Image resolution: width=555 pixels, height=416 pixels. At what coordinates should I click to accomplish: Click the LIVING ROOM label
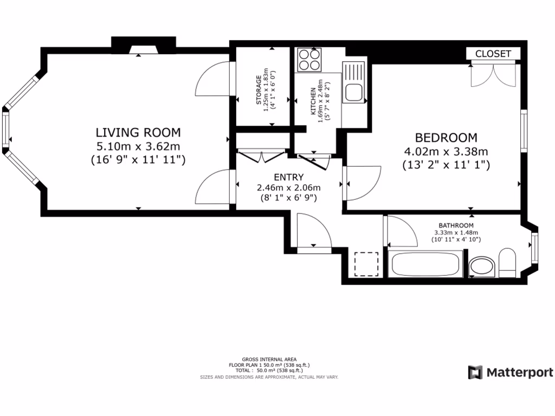point(138,132)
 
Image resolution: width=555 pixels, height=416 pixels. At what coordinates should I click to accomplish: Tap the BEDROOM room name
point(446,137)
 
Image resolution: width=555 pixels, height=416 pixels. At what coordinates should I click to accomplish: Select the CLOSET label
point(493,54)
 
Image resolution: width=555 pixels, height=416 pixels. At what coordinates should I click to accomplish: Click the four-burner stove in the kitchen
point(309,60)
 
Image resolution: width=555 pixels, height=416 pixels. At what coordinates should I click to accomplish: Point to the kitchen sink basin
point(353,93)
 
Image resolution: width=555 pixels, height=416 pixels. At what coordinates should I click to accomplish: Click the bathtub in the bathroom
point(425,264)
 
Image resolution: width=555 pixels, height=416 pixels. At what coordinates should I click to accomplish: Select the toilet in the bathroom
point(507,263)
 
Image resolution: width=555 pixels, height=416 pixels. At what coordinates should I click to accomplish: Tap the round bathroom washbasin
point(482,266)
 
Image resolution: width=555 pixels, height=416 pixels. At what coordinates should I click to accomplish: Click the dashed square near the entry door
point(367,264)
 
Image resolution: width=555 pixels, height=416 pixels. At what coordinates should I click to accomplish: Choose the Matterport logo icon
point(475,373)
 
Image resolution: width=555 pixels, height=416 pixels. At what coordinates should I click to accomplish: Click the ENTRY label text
point(289,177)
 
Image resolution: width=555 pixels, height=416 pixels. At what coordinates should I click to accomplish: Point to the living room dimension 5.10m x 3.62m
point(138,146)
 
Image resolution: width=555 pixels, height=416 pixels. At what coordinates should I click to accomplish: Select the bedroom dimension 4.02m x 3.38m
point(446,152)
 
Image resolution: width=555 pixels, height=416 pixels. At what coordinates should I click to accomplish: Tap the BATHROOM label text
point(456,225)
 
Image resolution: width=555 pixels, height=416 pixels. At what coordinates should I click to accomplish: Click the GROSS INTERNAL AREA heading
point(269,360)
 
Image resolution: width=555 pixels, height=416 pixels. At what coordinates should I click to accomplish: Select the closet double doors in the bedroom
point(493,74)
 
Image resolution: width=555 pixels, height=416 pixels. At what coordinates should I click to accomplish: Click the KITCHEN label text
point(313,101)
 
